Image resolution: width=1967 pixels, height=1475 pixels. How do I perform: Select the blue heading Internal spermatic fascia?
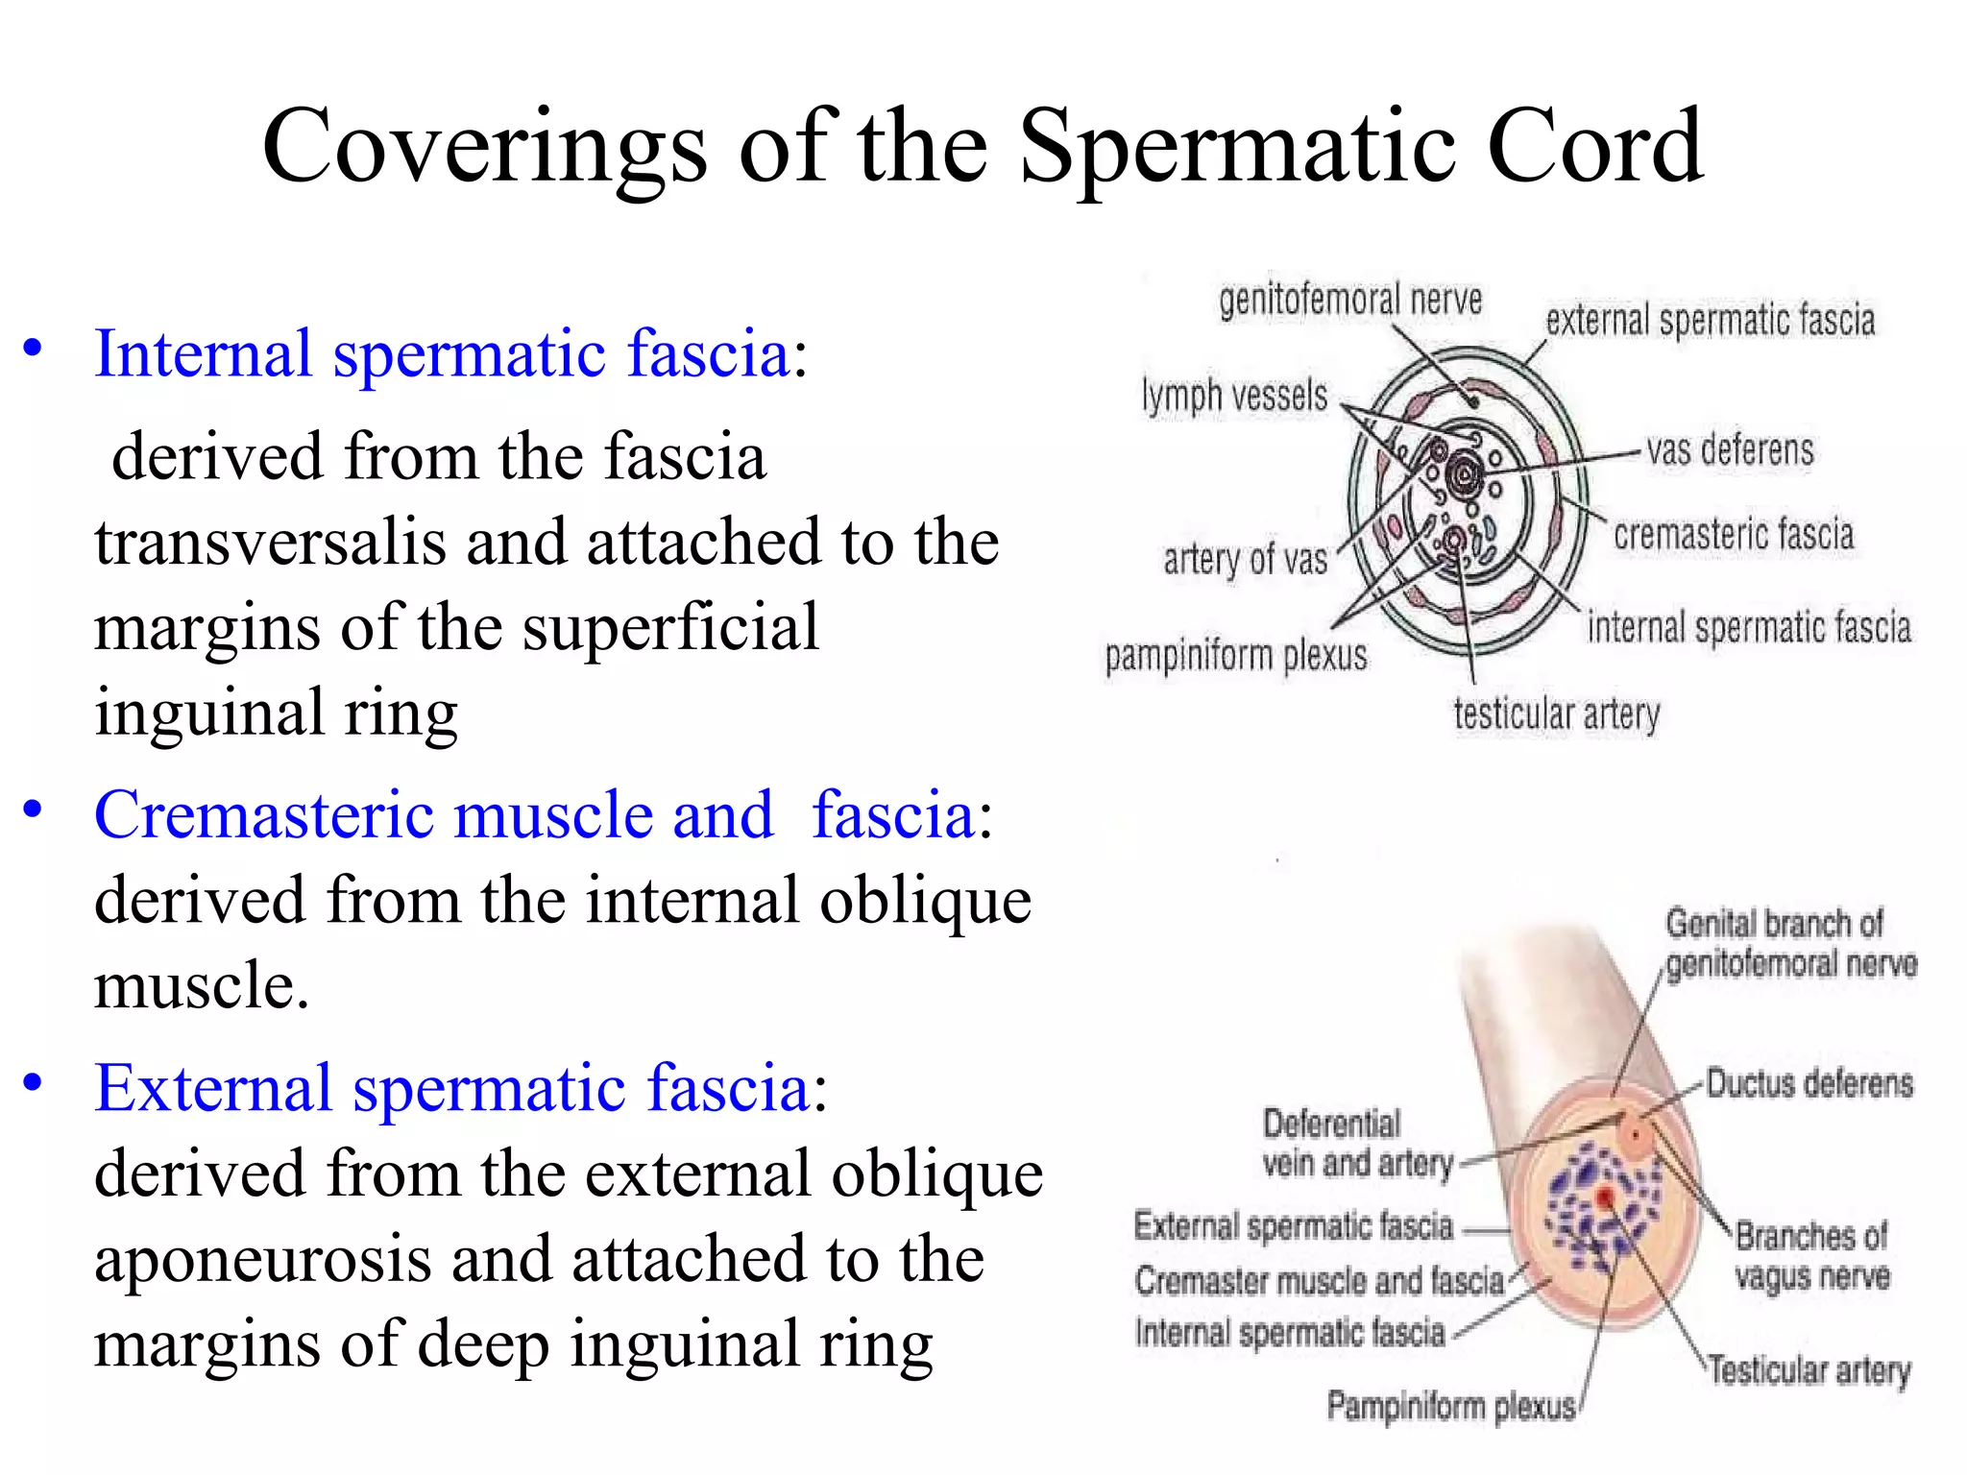442,354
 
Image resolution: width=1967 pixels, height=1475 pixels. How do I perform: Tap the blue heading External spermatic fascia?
452,1088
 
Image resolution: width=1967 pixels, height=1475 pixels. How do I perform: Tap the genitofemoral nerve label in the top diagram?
1350,301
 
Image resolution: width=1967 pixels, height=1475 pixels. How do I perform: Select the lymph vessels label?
1234,396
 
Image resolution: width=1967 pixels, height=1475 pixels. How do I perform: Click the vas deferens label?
1730,450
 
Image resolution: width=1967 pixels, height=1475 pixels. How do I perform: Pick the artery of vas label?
1245,559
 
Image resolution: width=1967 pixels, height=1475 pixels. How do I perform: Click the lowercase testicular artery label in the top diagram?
1556,714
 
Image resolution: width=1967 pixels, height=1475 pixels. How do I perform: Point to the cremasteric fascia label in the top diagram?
1733,535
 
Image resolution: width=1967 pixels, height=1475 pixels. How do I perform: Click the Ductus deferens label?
1809,1084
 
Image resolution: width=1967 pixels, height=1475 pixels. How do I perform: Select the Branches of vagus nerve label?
1811,1256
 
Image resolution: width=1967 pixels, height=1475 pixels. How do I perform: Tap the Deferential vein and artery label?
1356,1144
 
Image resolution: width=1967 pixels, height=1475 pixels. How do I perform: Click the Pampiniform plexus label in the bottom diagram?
1450,1407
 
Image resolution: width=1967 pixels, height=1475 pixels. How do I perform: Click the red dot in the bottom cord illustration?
1605,1196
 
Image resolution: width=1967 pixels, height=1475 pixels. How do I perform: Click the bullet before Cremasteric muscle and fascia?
34,810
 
